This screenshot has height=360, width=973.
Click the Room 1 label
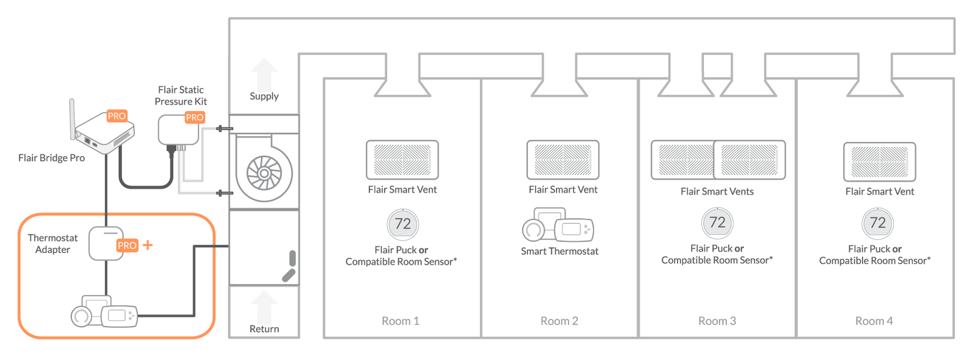tap(400, 321)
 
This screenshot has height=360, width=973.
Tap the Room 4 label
tap(874, 321)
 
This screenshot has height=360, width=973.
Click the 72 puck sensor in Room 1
tap(403, 224)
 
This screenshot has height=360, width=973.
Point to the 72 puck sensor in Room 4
tap(877, 223)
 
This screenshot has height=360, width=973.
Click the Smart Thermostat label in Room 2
tap(559, 251)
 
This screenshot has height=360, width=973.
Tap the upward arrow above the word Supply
tap(264, 73)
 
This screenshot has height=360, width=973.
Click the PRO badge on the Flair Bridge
tap(117, 116)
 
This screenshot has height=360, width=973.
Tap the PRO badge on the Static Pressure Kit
tap(195, 117)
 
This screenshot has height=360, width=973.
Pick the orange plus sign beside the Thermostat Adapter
tap(148, 245)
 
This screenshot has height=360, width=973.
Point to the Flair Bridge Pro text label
tap(52, 158)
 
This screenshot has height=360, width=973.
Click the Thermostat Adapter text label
tap(53, 244)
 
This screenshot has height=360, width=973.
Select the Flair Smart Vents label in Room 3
tap(717, 191)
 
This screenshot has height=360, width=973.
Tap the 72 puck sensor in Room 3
tap(717, 222)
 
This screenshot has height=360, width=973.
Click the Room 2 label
tap(559, 321)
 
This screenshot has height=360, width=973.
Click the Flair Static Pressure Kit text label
tap(182, 95)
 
